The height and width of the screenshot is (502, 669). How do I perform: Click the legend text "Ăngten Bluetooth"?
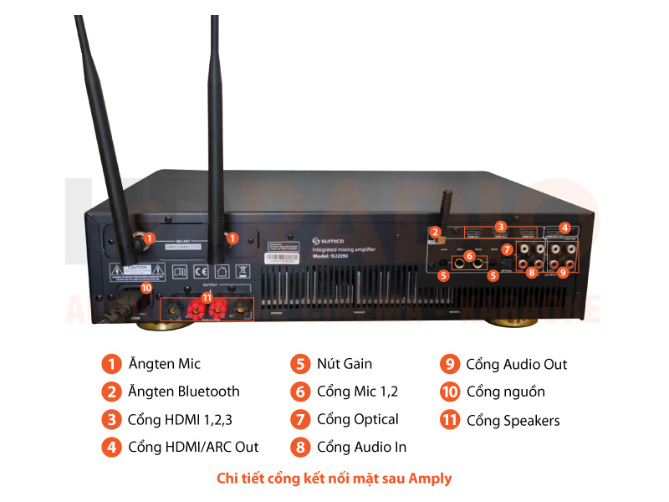click(x=183, y=392)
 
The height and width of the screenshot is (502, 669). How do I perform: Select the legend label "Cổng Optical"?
click(x=357, y=419)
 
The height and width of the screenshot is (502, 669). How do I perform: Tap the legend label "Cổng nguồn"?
click(x=505, y=392)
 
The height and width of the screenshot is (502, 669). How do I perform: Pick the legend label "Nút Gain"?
click(x=345, y=364)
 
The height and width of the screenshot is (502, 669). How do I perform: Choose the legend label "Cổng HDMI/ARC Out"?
click(x=193, y=447)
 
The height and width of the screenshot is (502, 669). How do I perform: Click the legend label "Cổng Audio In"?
click(x=361, y=447)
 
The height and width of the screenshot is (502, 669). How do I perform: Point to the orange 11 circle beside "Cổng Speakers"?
click(x=450, y=420)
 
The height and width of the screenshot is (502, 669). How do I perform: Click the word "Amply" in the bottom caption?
click(x=432, y=479)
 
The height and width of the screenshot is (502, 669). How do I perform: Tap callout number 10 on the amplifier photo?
click(x=146, y=287)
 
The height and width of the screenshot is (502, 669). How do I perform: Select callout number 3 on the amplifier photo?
click(x=500, y=226)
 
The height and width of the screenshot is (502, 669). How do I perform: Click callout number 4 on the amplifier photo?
click(x=564, y=227)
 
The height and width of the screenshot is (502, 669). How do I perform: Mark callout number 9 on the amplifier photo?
click(x=563, y=271)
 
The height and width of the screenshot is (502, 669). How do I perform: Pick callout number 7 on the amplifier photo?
click(x=507, y=249)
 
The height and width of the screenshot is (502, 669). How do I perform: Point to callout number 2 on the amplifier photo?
click(x=435, y=232)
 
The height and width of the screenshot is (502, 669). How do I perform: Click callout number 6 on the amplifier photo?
click(x=470, y=255)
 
